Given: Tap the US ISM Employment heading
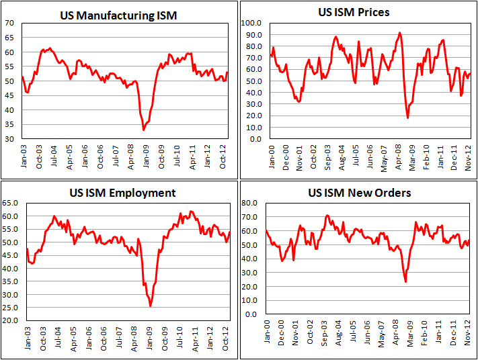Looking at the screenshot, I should click(x=123, y=193).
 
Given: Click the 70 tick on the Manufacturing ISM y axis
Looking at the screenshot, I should click(x=10, y=23).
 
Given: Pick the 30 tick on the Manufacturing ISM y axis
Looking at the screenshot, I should click(x=10, y=139).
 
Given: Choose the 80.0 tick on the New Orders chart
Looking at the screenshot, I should click(x=253, y=202).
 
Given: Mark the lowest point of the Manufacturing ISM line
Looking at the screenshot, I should click(x=143, y=130).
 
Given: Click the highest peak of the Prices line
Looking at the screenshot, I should click(x=399, y=32).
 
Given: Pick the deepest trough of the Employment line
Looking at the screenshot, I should click(x=151, y=306).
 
